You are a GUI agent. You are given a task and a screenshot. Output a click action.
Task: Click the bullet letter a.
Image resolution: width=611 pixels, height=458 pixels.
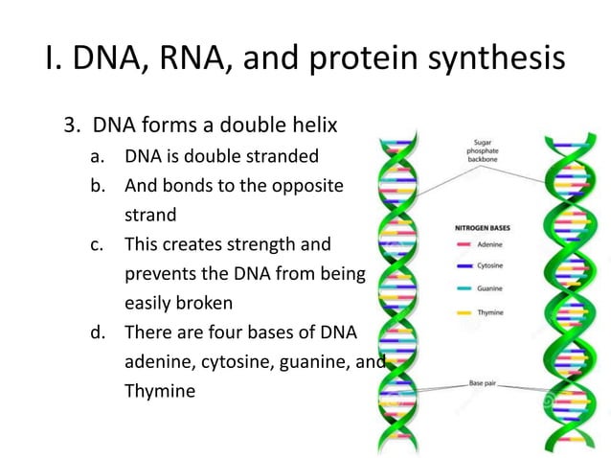[x=96, y=157]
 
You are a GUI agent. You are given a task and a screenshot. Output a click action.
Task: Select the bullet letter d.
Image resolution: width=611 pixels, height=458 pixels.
[x=97, y=332]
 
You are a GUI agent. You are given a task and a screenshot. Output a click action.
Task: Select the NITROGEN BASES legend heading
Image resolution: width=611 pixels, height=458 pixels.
[x=484, y=228]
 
